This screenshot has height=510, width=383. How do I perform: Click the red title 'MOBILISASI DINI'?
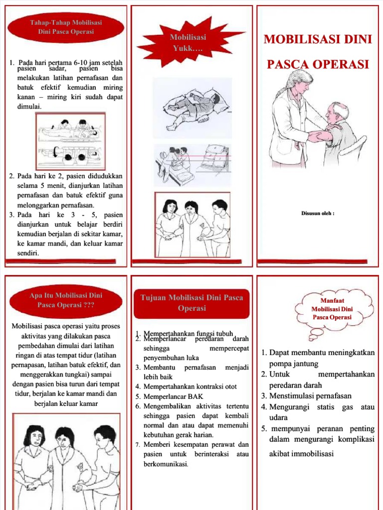(x=318, y=39)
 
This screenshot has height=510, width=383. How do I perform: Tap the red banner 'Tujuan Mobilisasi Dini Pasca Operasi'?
(x=192, y=303)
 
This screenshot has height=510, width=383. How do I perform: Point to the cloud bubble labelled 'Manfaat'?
(x=332, y=309)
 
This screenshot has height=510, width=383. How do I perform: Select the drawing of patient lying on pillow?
(x=192, y=107)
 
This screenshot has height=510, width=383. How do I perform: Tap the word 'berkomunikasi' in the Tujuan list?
(x=166, y=464)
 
